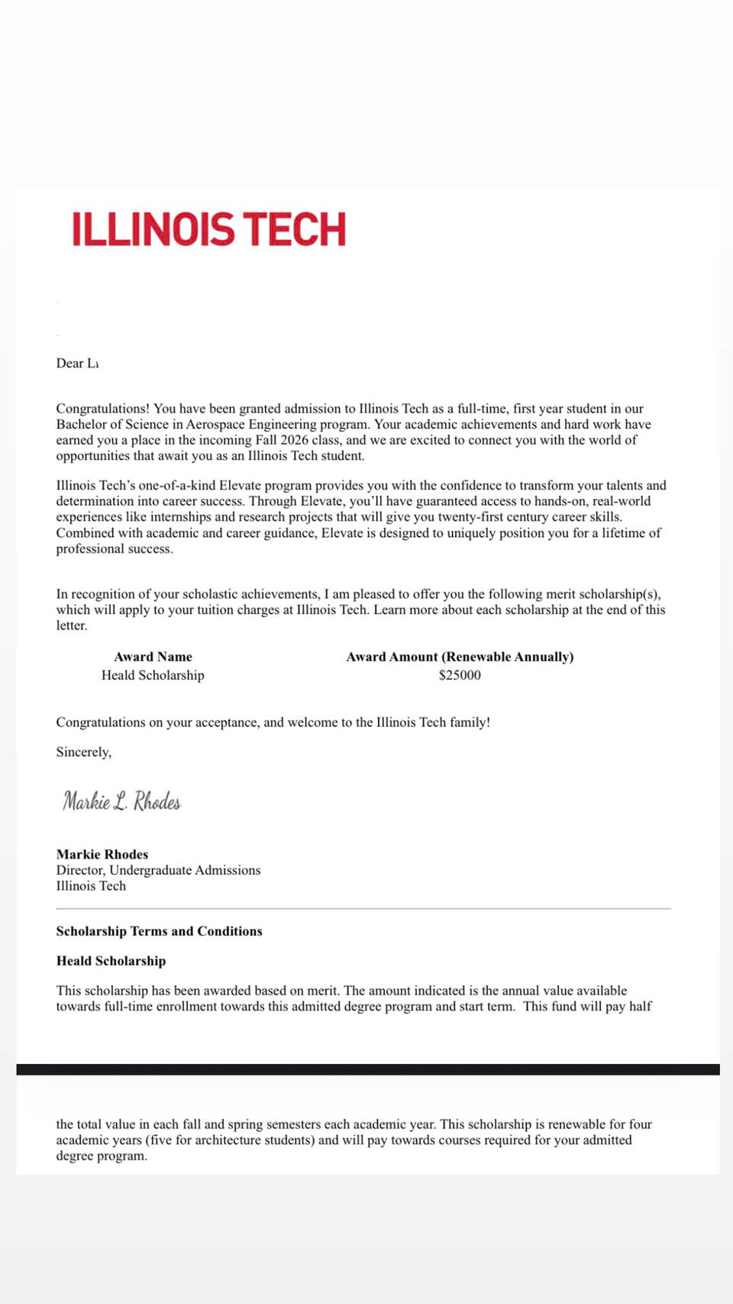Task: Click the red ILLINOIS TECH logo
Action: coord(208,229)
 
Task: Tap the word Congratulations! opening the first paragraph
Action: coord(102,409)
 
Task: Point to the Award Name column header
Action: coord(153,657)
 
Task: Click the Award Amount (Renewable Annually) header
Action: coord(460,657)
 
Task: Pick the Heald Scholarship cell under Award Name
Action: coord(153,675)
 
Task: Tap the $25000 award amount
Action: coord(460,675)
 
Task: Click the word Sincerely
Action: coord(83,752)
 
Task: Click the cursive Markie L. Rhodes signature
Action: coord(121,801)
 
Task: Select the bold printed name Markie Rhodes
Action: coord(102,855)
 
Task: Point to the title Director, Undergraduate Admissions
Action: coord(158,870)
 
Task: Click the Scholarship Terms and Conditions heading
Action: coord(159,931)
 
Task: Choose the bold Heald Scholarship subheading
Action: coord(111,961)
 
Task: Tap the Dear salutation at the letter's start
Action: coord(69,364)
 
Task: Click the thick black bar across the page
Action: coord(367,1069)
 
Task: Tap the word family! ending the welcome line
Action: coord(470,723)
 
